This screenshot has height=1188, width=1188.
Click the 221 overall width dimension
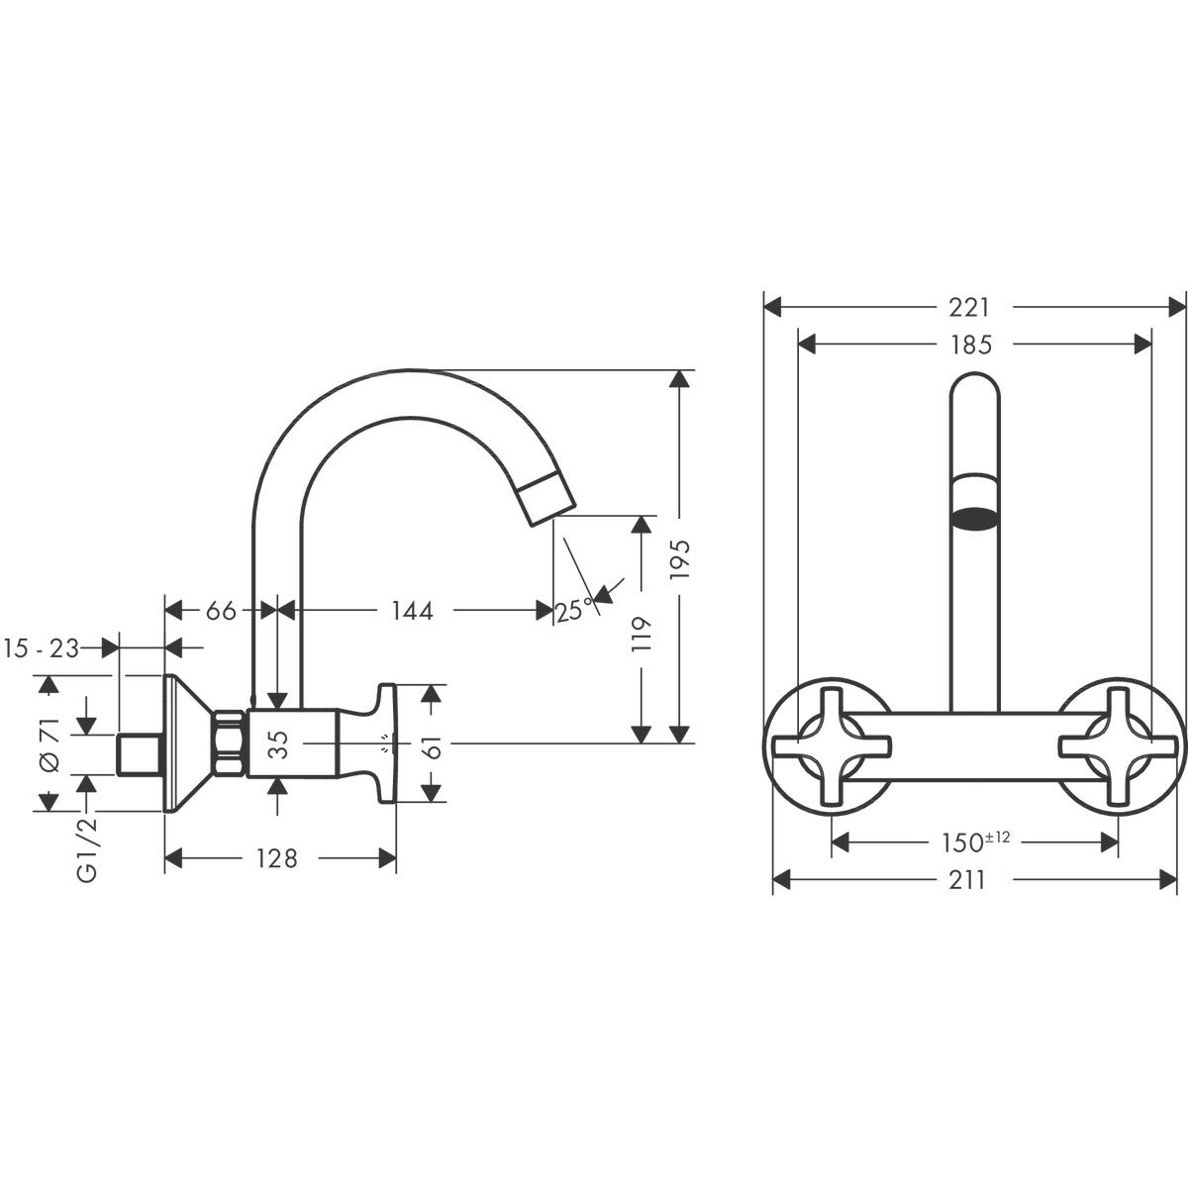point(969,308)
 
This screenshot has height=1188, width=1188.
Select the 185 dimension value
point(969,345)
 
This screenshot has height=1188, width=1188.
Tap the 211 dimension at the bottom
point(967,878)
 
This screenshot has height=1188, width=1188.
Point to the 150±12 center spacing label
point(974,842)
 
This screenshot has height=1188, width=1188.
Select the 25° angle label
point(573,611)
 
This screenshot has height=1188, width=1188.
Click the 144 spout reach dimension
point(412,611)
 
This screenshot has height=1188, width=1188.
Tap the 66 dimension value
point(220,611)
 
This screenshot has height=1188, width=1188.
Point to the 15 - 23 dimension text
point(41,648)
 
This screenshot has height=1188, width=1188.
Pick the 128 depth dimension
point(276,858)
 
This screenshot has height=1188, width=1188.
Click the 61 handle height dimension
point(431,742)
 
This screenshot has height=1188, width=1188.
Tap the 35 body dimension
point(279,743)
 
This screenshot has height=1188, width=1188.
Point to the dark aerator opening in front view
point(975,518)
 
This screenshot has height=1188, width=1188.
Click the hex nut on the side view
point(230,742)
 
